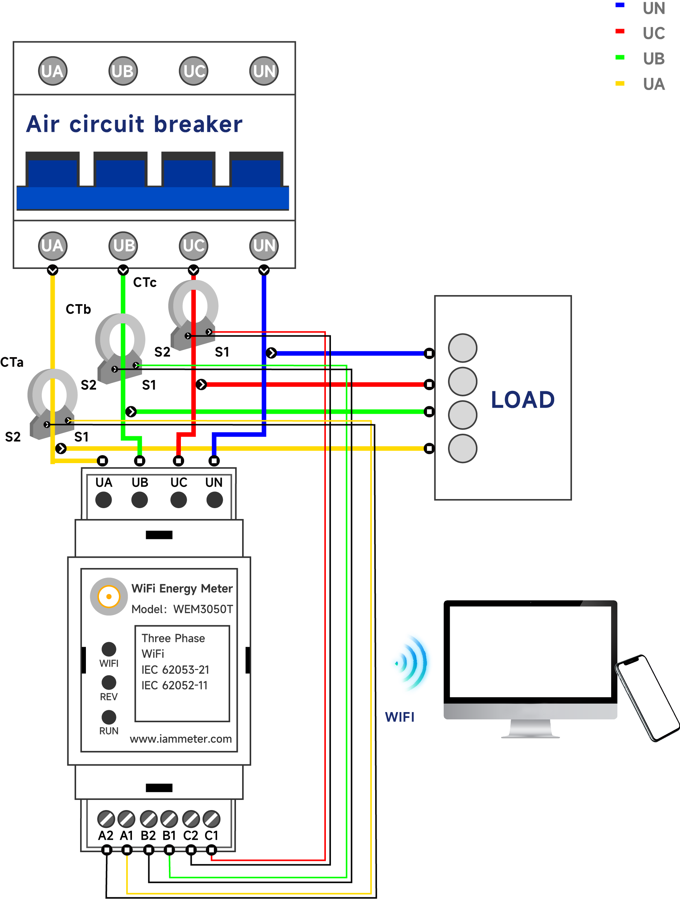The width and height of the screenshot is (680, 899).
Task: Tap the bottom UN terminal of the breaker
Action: coord(264,245)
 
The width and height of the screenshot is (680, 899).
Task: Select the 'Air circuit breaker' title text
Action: coord(134,124)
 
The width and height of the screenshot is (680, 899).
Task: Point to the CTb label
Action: coord(78,309)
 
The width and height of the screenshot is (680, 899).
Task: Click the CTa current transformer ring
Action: coord(52,394)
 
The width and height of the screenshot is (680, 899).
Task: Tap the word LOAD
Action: coord(522,400)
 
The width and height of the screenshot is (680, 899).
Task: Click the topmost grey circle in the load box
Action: coord(463,348)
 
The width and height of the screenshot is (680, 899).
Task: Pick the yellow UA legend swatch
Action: coord(619,83)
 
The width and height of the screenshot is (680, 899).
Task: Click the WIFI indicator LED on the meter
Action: coord(109,649)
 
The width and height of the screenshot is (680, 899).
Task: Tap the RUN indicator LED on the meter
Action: coord(109,717)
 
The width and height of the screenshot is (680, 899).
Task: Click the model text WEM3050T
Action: coord(203,609)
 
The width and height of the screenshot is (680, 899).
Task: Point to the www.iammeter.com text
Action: coord(181,739)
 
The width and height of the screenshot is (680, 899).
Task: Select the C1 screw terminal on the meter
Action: coord(211,819)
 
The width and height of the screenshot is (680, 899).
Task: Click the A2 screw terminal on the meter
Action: coord(106,819)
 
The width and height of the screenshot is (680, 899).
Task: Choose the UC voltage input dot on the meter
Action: coord(179,500)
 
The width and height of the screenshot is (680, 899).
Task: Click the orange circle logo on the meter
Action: coord(109,596)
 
